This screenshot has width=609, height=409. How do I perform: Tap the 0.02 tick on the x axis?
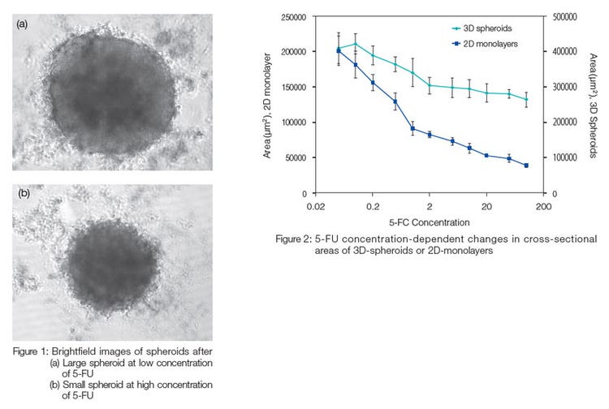[x=316, y=207]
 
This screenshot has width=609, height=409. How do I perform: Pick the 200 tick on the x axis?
[x=543, y=207]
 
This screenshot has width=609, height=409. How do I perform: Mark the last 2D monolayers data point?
[x=526, y=166]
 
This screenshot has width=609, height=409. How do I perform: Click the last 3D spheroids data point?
[x=526, y=100]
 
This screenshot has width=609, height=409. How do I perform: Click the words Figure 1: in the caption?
[x=31, y=351]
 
